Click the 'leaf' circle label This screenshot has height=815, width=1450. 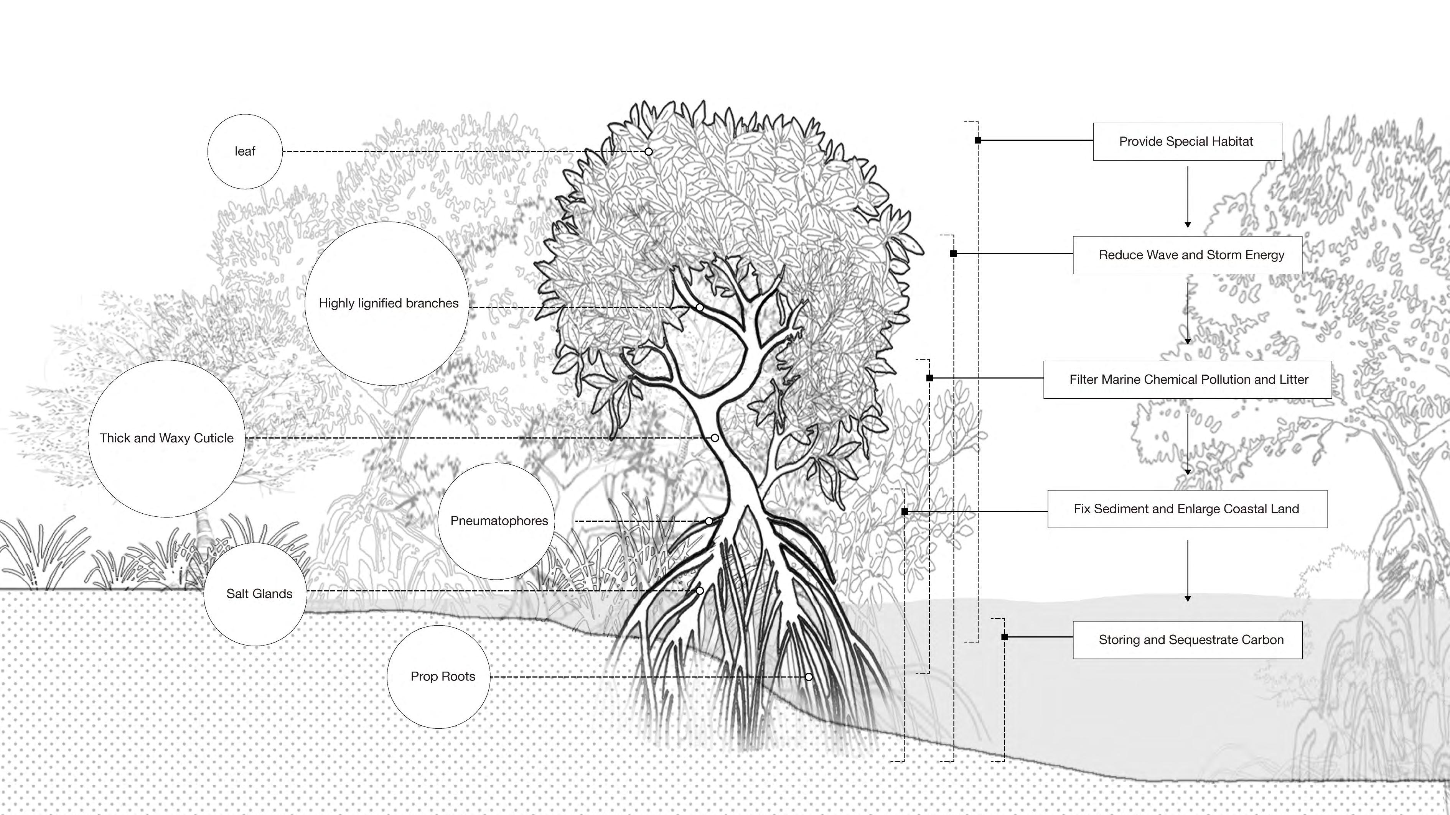245,151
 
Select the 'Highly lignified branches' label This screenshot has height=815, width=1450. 388,303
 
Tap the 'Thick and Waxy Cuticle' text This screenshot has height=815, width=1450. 166,438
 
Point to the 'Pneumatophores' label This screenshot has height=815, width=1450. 499,521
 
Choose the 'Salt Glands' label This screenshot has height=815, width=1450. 259,593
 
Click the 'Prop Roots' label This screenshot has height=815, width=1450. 442,676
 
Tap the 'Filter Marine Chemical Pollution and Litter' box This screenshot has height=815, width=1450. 1187,380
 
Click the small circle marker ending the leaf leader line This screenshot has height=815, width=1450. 648,152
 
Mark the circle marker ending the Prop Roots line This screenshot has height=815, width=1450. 809,677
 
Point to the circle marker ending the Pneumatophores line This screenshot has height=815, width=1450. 709,521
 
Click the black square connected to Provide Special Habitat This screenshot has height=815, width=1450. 978,140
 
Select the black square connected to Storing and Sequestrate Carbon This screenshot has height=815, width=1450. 1005,637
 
